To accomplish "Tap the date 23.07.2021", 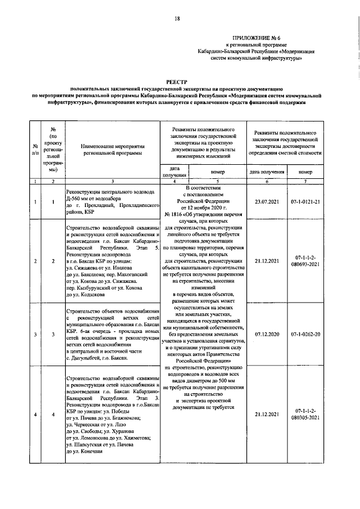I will [267, 201].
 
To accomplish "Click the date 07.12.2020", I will [267, 335].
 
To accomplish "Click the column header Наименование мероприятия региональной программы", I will [111, 148].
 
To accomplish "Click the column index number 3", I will [111, 181].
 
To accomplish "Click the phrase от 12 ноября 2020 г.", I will [205, 207].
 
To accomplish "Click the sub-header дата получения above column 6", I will [267, 172].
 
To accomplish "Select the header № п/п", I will [35, 148].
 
